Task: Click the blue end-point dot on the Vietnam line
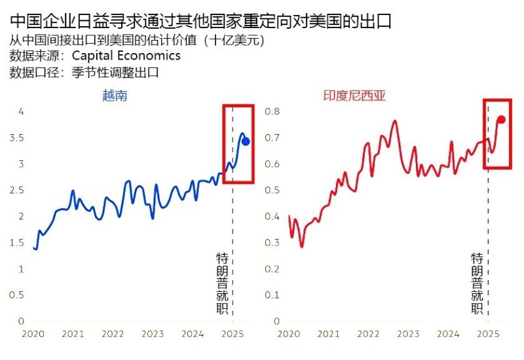246,141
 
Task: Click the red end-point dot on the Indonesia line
501,119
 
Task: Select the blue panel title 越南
115,96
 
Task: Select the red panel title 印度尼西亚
354,96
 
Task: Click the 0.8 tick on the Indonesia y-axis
272,111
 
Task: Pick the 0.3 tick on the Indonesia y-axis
272,242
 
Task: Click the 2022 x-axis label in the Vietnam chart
113,334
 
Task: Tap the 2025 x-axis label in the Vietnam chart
232,334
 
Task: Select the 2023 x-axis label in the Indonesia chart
407,334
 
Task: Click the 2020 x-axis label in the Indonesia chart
288,334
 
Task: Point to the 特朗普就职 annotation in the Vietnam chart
223,283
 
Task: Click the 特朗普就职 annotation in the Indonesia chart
477,283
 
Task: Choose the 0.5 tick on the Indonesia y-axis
272,190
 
